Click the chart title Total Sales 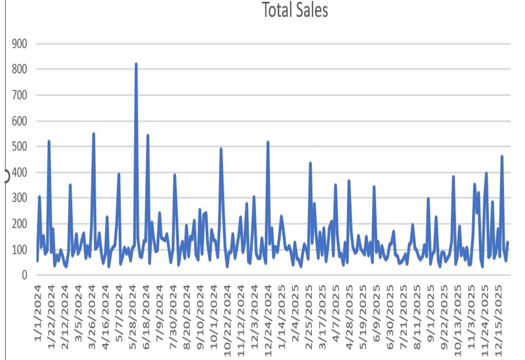pyautogui.click(x=294, y=10)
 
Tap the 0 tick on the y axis pyautogui.click(x=24, y=276)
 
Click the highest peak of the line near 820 pyautogui.click(x=136, y=64)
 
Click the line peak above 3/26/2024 pyautogui.click(x=94, y=134)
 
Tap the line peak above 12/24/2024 pyautogui.click(x=268, y=142)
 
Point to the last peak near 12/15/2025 pyautogui.click(x=502, y=157)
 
